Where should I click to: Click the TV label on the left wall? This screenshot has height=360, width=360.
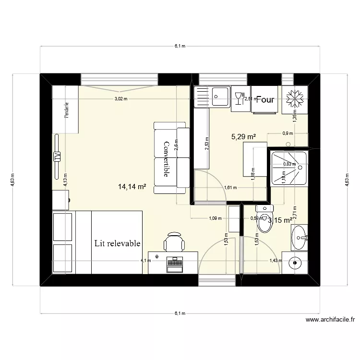(x=57, y=156)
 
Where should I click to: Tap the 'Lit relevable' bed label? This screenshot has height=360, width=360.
(x=118, y=243)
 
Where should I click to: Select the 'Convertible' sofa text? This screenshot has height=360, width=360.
(x=166, y=159)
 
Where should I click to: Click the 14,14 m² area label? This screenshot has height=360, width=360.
(x=132, y=187)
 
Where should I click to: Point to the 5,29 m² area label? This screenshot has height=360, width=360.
(x=243, y=137)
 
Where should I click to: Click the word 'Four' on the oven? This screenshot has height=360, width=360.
(x=265, y=100)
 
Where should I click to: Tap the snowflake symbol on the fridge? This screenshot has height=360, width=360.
(x=294, y=98)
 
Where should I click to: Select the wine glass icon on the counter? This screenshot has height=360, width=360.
(x=239, y=98)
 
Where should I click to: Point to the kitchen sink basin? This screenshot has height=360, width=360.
(x=221, y=96)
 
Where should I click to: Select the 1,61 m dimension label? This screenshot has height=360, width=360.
(x=231, y=188)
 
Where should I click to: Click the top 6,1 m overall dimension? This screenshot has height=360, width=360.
(x=180, y=46)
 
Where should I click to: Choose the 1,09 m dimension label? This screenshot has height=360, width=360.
(x=215, y=219)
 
